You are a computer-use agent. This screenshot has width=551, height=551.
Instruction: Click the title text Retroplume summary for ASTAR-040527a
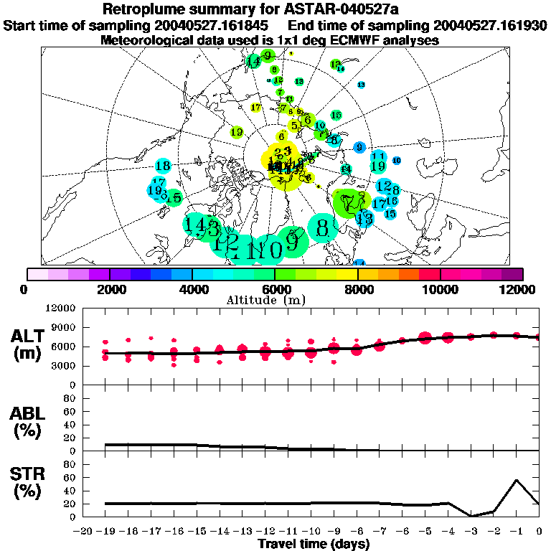(x=275, y=9)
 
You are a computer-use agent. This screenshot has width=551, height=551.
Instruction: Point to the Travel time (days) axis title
(x=314, y=544)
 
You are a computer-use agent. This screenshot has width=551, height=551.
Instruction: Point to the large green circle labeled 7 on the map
(x=349, y=203)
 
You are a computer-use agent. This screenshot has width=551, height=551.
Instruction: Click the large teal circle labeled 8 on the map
(x=322, y=228)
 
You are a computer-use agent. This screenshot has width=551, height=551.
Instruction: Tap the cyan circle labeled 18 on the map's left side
(x=163, y=166)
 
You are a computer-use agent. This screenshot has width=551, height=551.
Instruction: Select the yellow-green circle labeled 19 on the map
(x=237, y=132)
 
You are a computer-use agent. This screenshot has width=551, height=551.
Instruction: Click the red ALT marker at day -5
(x=425, y=337)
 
